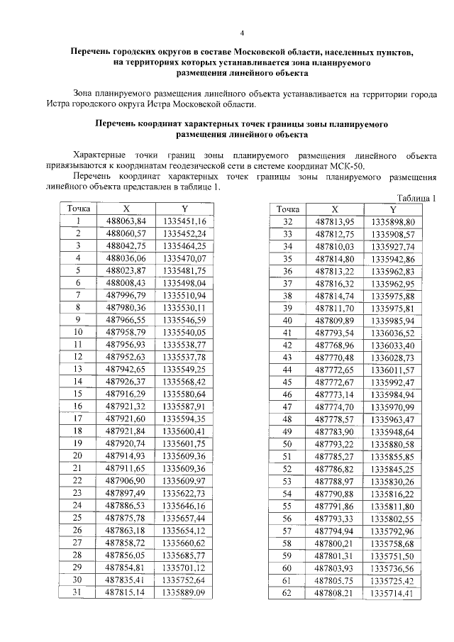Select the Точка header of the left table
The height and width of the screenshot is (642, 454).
(x=79, y=209)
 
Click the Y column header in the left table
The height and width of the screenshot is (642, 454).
(x=184, y=209)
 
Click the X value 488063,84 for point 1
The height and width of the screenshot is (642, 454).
(x=126, y=221)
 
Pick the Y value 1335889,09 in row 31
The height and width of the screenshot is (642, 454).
(x=184, y=592)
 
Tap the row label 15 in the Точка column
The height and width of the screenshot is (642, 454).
(x=79, y=394)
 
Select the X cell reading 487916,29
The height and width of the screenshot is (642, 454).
(x=126, y=394)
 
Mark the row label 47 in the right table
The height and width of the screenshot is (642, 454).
(x=288, y=407)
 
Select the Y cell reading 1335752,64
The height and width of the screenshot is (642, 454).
(x=184, y=580)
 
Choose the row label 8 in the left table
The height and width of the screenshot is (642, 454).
(x=79, y=308)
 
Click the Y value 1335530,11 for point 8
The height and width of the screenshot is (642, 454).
(x=184, y=308)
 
